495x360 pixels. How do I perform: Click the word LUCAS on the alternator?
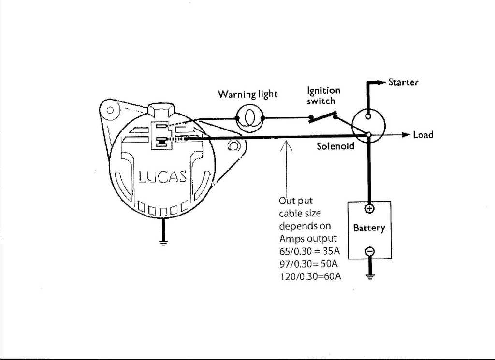(162, 177)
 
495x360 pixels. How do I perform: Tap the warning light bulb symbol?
(249, 118)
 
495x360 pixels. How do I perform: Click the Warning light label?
(247, 94)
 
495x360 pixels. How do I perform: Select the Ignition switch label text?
(323, 96)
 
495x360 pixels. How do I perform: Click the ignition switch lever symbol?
(323, 116)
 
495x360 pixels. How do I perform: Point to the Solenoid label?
(335, 146)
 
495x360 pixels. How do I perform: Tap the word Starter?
(403, 82)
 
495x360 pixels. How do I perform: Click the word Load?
(423, 135)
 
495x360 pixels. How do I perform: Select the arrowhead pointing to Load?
(406, 135)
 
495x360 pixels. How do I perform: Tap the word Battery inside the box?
(369, 228)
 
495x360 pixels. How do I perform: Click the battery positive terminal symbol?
(369, 209)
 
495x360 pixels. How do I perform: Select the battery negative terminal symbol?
(369, 251)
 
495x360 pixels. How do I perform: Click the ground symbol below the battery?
(369, 276)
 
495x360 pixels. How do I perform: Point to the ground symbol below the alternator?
(163, 242)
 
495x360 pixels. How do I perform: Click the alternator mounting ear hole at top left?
(110, 110)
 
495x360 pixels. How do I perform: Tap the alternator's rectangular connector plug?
(160, 136)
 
